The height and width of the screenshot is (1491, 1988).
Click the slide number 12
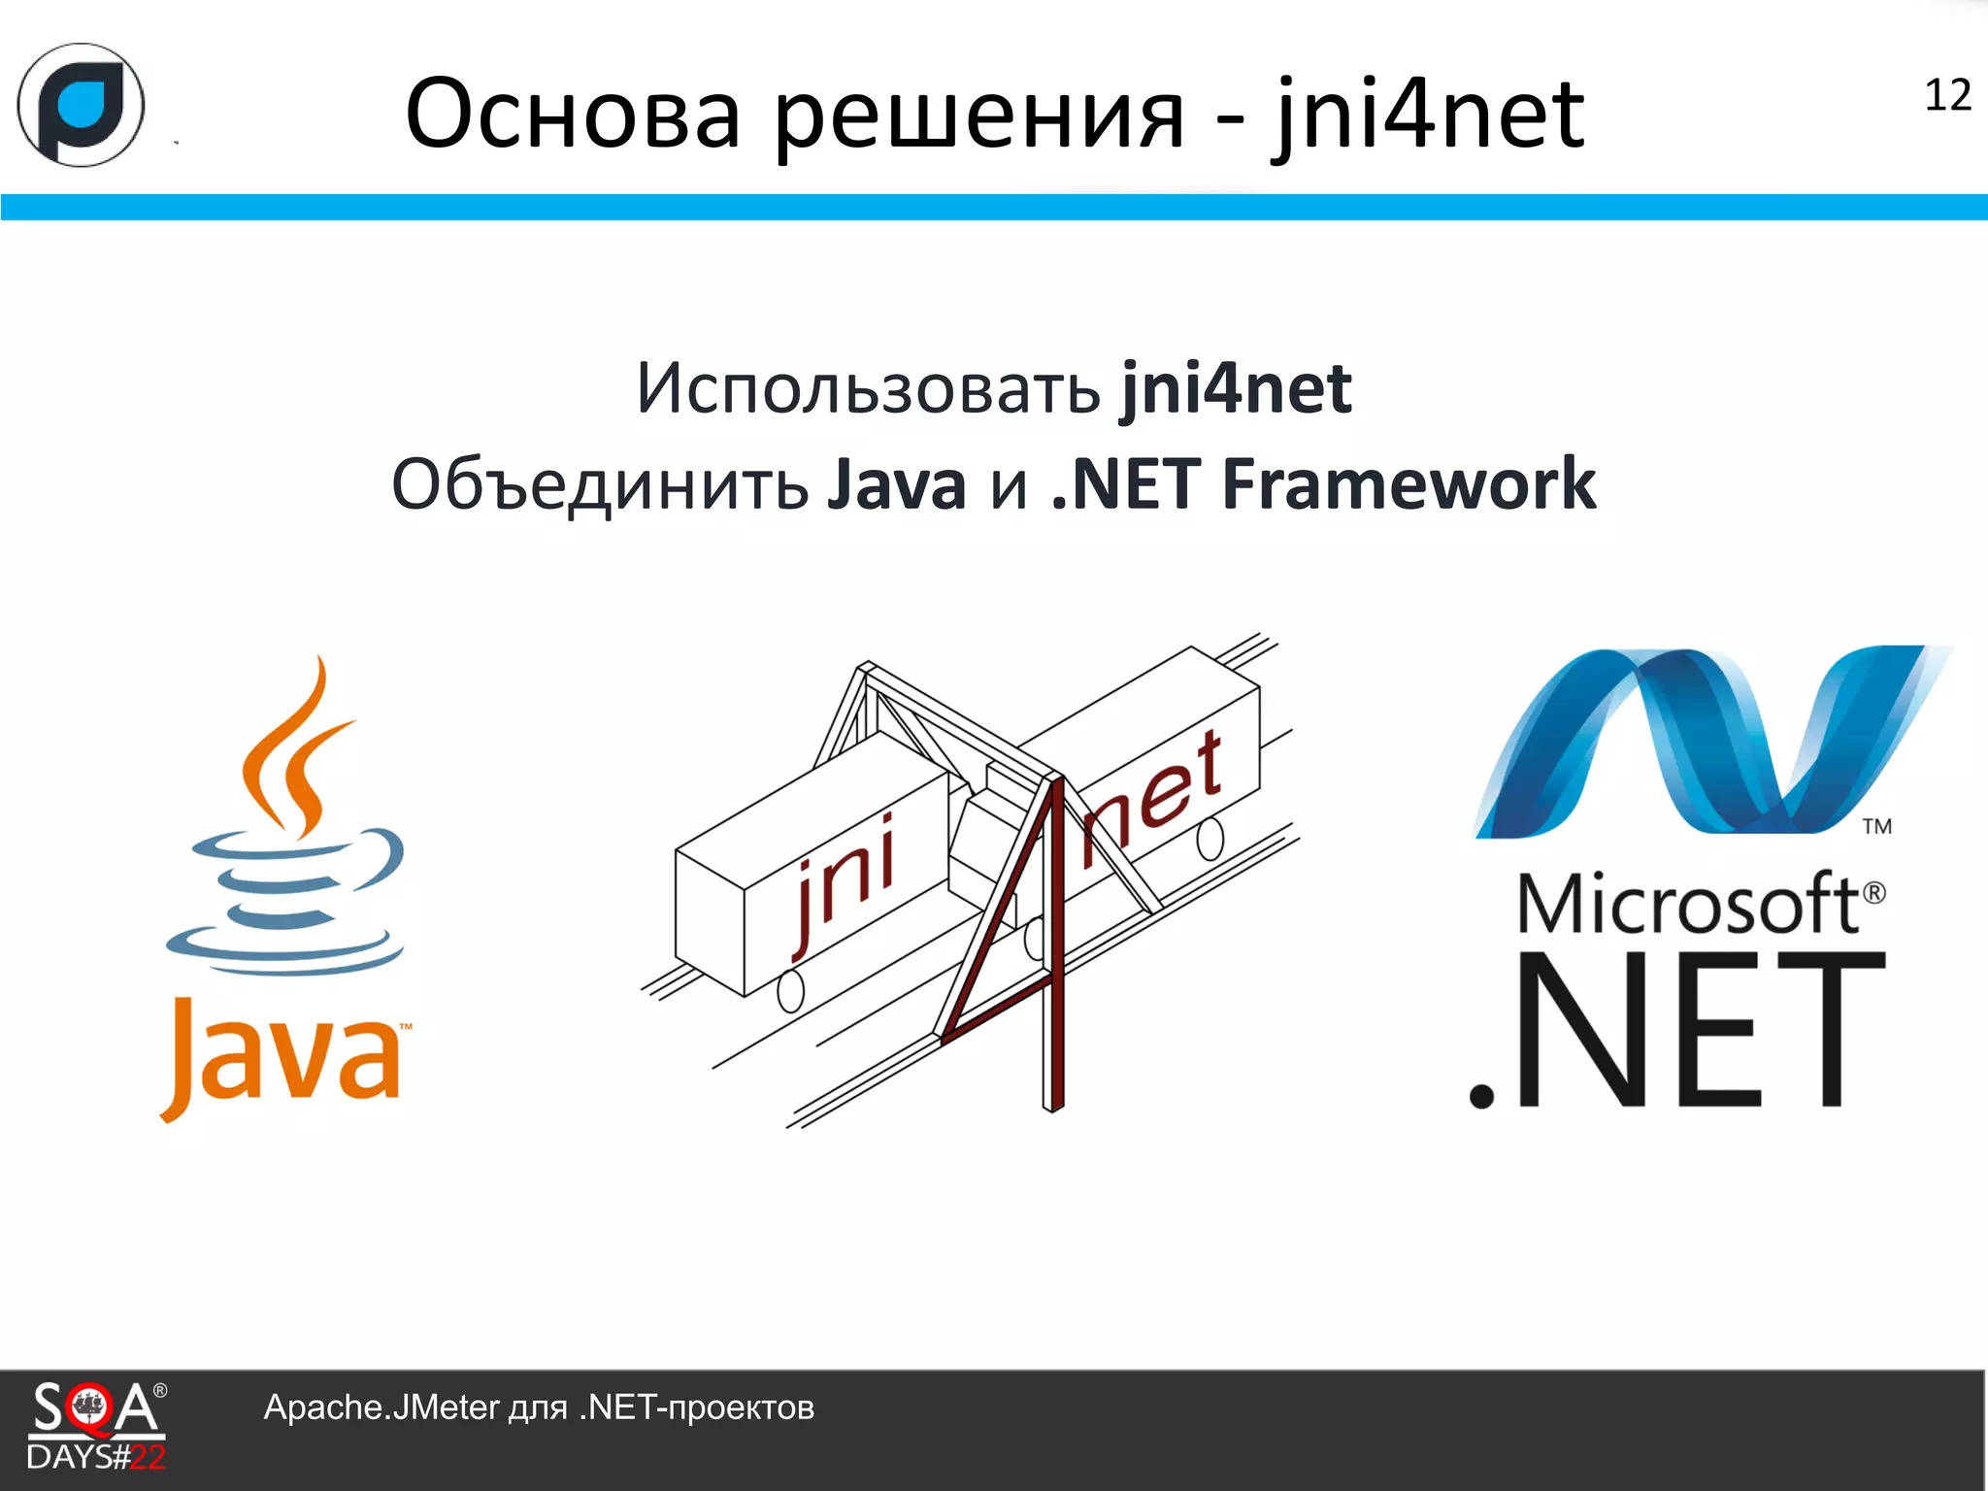(x=1947, y=96)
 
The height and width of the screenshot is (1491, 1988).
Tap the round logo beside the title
(x=82, y=105)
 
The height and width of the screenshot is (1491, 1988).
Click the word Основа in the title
(x=573, y=115)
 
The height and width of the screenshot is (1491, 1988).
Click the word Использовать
(x=868, y=389)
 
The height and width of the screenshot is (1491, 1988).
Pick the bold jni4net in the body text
(x=1236, y=389)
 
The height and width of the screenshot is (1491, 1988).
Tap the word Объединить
(x=600, y=485)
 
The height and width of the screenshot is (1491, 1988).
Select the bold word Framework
(x=1408, y=484)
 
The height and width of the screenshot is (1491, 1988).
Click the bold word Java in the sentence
(x=897, y=485)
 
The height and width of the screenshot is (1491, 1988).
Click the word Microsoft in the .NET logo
(x=1689, y=903)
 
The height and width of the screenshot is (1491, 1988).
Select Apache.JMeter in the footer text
(x=381, y=1408)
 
